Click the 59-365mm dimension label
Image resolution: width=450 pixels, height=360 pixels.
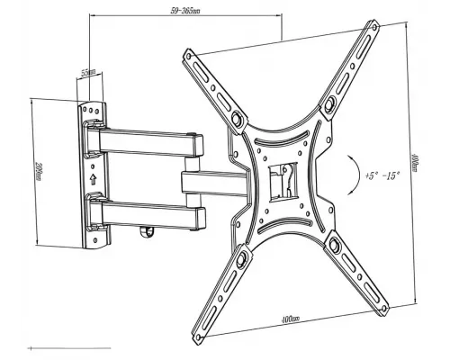(x=186, y=12)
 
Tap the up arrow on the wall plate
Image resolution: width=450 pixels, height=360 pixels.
(x=94, y=176)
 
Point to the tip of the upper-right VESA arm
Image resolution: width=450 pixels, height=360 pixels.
(x=373, y=29)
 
